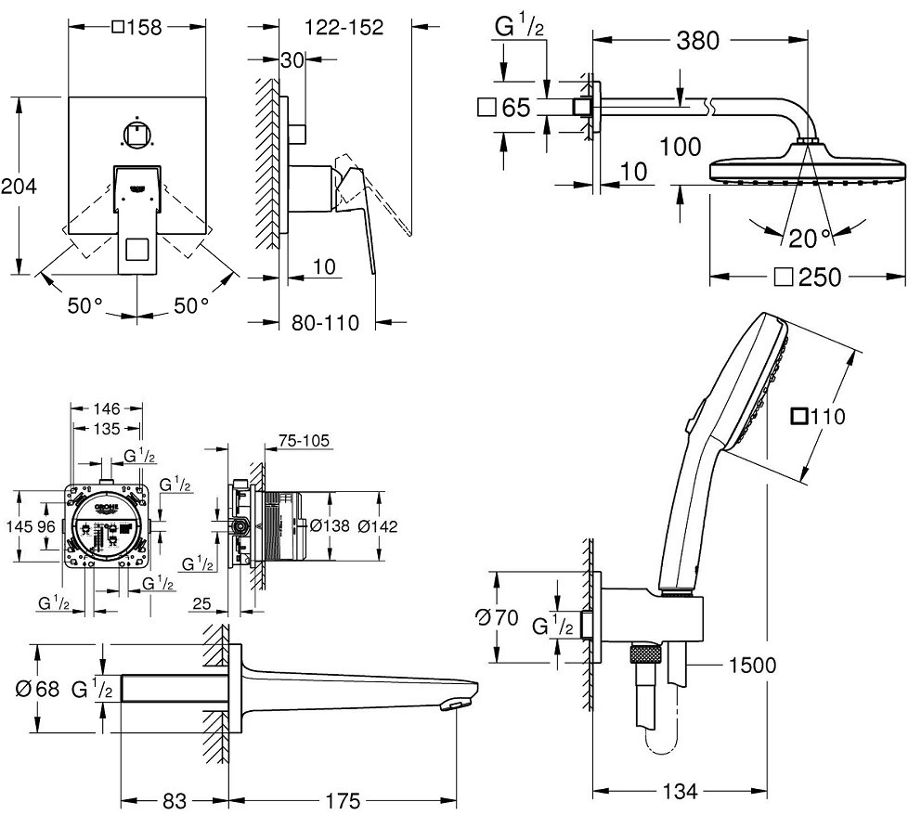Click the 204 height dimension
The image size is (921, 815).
click(19, 187)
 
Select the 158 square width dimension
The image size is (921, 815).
click(136, 28)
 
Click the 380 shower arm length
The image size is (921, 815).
click(697, 41)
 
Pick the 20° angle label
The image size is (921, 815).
click(812, 238)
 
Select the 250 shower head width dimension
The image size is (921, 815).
click(809, 277)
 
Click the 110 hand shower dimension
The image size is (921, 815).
click(818, 417)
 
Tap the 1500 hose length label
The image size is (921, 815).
click(752, 665)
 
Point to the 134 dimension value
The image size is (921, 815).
click(681, 791)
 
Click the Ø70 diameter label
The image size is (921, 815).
click(495, 616)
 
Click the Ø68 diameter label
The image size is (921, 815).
click(38, 690)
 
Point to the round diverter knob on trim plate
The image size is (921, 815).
click(136, 136)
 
